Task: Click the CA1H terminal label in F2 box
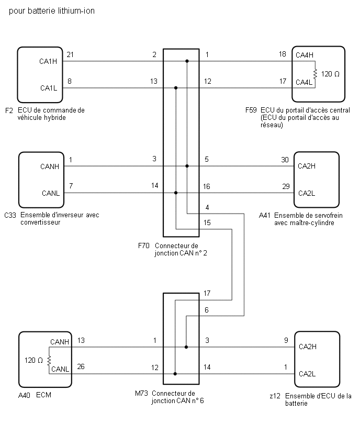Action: pyautogui.click(x=48, y=61)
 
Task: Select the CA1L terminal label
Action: pyautogui.click(x=48, y=87)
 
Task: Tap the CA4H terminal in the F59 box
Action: pyautogui.click(x=304, y=55)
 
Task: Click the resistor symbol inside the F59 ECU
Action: pyautogui.click(x=315, y=74)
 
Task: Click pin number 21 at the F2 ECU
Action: pyautogui.click(x=70, y=54)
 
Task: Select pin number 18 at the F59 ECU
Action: pyautogui.click(x=282, y=54)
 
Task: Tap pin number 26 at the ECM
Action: pyautogui.click(x=80, y=366)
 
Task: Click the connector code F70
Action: pyautogui.click(x=143, y=246)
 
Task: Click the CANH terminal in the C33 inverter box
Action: pyautogui.click(x=49, y=167)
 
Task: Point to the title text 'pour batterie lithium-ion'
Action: pyautogui.click(x=52, y=10)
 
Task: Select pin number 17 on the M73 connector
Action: pyautogui.click(x=207, y=293)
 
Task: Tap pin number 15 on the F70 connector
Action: pyautogui.click(x=207, y=222)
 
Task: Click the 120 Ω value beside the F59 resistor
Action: pyautogui.click(x=330, y=74)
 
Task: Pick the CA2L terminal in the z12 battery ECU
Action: pyautogui.click(x=307, y=373)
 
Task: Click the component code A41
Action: pyautogui.click(x=265, y=215)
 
